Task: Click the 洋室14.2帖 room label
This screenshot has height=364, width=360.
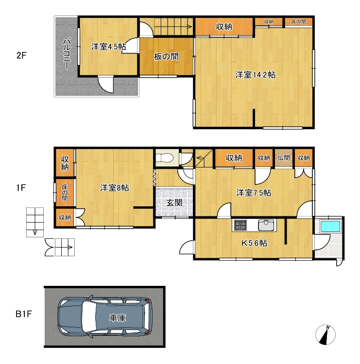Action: (x=256, y=75)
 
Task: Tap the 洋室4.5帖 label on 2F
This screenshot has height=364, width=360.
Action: (x=108, y=47)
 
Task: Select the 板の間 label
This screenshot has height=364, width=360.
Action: (x=166, y=56)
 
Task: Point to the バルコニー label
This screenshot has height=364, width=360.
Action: (x=67, y=53)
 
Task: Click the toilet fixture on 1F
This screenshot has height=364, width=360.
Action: (x=164, y=158)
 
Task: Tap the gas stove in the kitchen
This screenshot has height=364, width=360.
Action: (x=240, y=225)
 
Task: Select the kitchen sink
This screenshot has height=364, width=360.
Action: (x=266, y=225)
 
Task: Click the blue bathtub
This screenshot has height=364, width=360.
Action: (x=330, y=227)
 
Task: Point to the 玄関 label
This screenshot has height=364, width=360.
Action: (x=174, y=203)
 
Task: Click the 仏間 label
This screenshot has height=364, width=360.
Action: (x=284, y=158)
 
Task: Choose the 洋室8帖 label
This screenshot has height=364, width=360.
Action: (x=114, y=188)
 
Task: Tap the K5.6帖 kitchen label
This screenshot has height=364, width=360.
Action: (x=254, y=243)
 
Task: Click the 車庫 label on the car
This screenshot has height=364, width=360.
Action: (x=118, y=318)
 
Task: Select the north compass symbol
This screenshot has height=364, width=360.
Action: (x=326, y=334)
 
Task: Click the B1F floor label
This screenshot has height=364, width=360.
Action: (x=24, y=314)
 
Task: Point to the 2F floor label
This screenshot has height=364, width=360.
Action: (x=21, y=55)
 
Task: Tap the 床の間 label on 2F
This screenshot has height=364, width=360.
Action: (x=299, y=22)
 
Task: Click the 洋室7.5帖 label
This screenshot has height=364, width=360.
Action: (x=254, y=193)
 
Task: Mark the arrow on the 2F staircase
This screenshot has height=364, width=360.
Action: (x=173, y=27)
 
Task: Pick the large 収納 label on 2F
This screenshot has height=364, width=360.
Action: (x=224, y=27)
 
